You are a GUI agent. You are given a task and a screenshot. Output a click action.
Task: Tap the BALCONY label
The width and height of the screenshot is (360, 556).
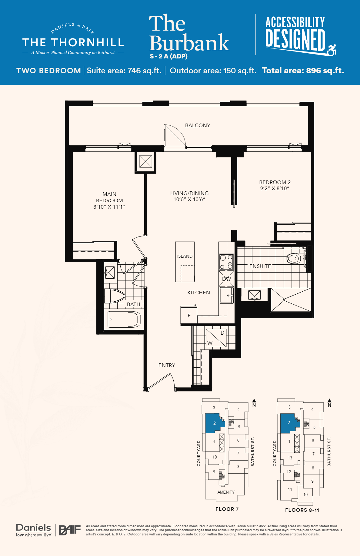coord(198,125)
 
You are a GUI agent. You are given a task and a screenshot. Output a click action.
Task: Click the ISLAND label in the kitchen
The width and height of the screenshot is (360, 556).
coord(185,256)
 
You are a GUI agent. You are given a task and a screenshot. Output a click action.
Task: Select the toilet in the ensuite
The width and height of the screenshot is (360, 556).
coord(294,259)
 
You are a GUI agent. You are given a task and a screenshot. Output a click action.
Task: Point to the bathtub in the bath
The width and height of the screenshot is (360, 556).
coord(124,319)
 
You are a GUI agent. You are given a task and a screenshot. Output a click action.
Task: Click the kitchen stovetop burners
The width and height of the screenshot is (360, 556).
coord(226,262)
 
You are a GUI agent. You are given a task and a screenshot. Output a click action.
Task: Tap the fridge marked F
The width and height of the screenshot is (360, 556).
coord(189,315)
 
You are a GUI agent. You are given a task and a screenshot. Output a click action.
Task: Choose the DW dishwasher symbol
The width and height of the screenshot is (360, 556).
coord(226,279)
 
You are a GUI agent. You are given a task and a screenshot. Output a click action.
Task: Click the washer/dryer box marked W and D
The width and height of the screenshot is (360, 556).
coord(216,338)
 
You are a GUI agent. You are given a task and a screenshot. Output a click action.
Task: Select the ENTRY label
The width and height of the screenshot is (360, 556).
coord(167,365)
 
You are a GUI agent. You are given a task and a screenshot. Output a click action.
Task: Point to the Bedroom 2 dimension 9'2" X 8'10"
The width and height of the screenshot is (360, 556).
coord(275,188)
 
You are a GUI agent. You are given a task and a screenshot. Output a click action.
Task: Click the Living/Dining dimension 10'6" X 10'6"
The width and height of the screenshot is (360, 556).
coord(189,199)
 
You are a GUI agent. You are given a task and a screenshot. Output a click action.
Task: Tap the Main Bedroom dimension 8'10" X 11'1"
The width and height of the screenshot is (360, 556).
coord(109,207)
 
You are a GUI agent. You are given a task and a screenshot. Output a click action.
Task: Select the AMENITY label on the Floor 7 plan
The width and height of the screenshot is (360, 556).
coord(226,492)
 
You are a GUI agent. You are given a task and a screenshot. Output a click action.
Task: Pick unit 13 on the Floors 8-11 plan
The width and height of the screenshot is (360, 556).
coord(290,458)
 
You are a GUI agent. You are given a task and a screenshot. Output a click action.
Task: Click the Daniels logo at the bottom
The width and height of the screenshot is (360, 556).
coord(34,530)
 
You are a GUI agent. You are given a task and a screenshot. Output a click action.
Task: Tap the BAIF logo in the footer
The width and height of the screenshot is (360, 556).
coord(70,530)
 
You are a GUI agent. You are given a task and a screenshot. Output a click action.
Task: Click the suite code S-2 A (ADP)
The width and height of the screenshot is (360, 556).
coord(168,56)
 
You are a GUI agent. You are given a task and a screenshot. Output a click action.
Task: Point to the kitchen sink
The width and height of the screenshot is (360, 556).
coord(227,295)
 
